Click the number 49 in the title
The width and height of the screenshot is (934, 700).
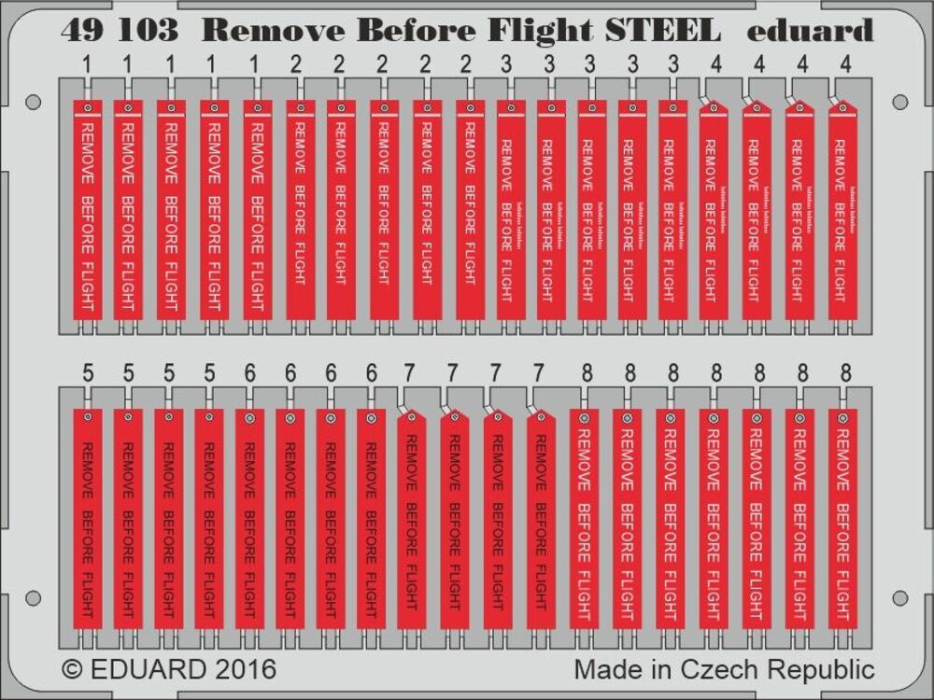pyautogui.click(x=81, y=32)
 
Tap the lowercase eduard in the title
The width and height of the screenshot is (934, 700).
pyautogui.click(x=810, y=32)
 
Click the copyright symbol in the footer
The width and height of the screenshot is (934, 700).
pyautogui.click(x=72, y=669)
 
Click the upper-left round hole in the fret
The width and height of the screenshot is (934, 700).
pyautogui.click(x=33, y=102)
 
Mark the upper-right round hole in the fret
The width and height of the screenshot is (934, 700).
pyautogui.click(x=899, y=102)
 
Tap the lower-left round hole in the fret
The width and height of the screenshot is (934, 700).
pyautogui.click(x=33, y=597)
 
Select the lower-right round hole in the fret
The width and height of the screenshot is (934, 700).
pyautogui.click(x=899, y=597)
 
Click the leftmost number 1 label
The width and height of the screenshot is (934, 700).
pyautogui.click(x=85, y=65)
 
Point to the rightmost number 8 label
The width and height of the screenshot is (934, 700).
pyautogui.click(x=845, y=373)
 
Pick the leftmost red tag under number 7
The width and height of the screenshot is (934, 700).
pyautogui.click(x=411, y=518)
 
